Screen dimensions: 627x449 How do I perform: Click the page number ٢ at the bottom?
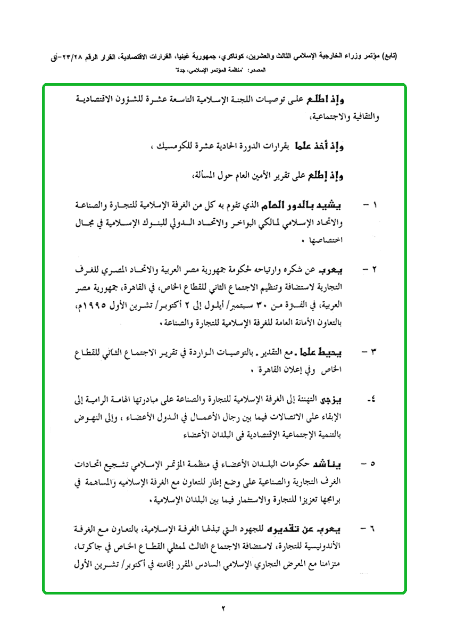(224, 608)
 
